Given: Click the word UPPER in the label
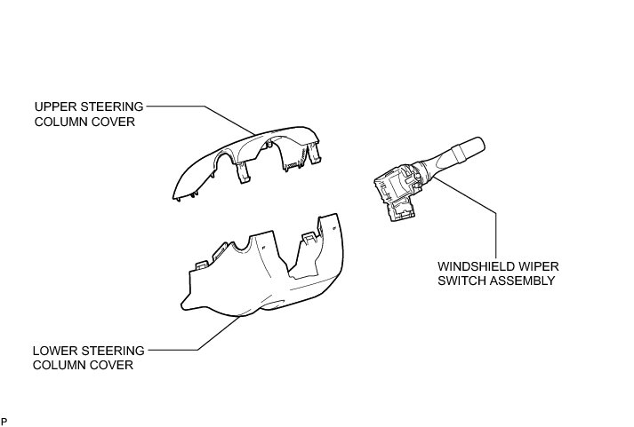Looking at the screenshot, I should coord(51,107).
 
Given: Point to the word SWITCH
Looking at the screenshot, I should coord(460,280).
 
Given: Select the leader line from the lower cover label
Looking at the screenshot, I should coord(191,345).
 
